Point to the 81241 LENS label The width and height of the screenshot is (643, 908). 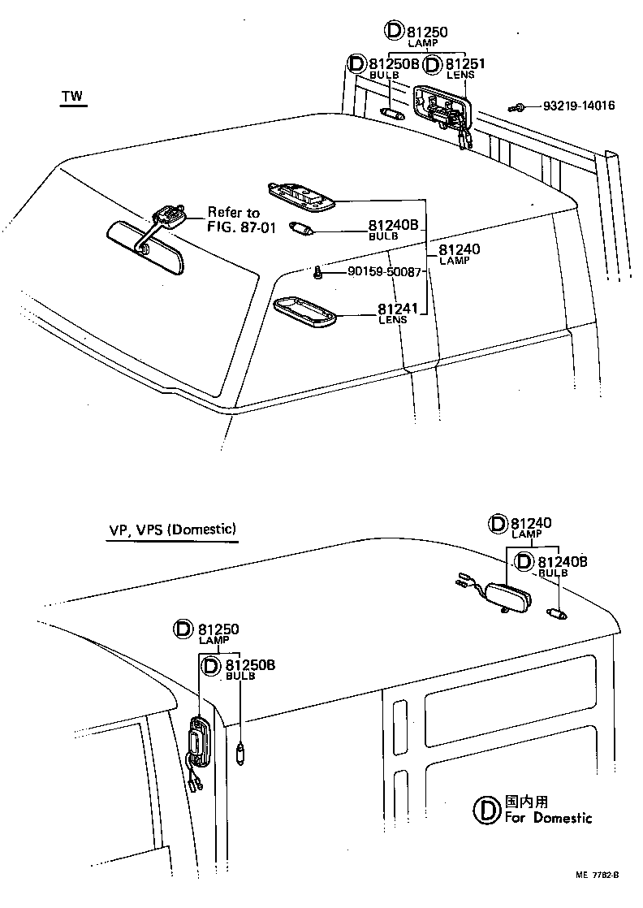click(393, 313)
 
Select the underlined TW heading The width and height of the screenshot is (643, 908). click(72, 97)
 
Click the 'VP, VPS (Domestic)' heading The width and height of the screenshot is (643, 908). click(173, 530)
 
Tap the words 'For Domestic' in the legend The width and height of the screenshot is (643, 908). click(548, 818)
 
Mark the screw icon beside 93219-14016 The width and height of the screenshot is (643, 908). click(516, 106)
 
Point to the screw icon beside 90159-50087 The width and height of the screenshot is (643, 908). click(321, 274)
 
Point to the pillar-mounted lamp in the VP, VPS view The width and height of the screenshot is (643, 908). click(200, 740)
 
